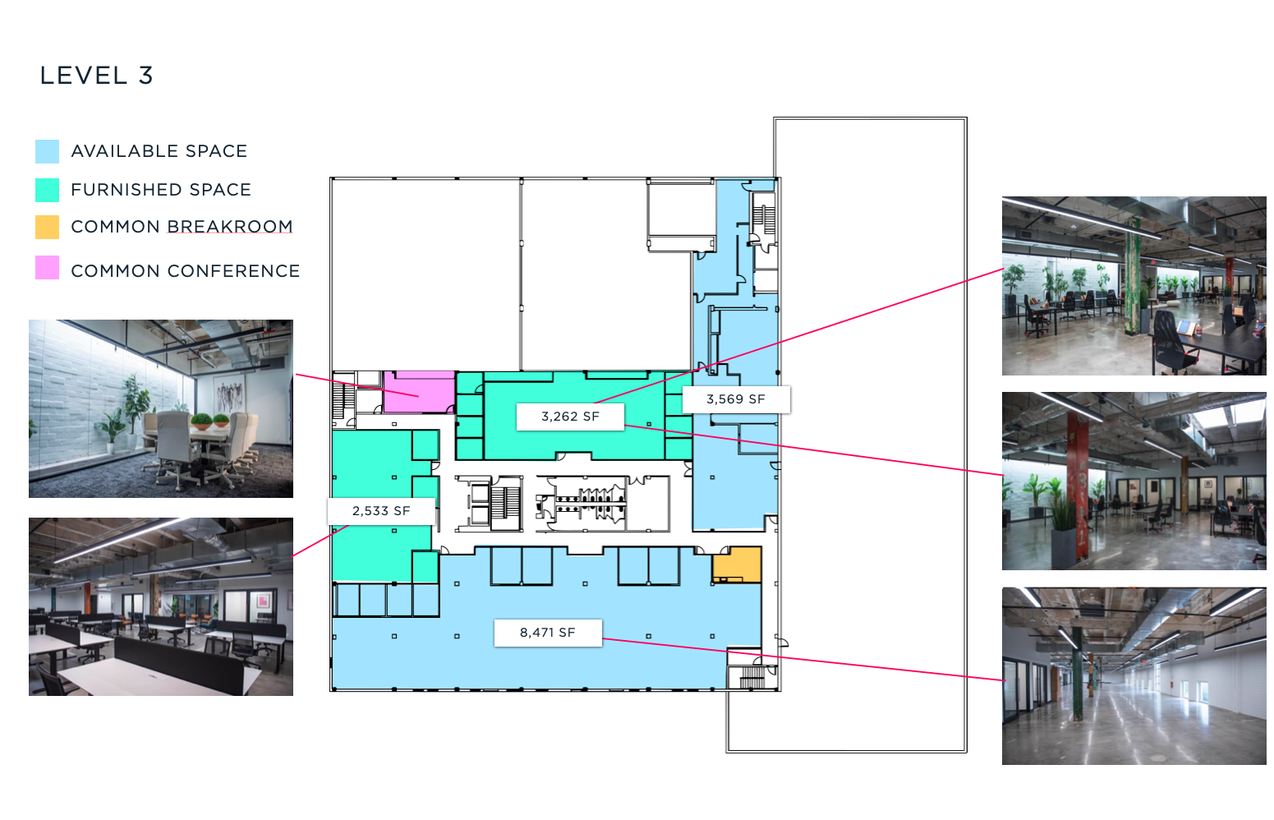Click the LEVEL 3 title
pos(96,76)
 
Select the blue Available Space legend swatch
pos(47,151)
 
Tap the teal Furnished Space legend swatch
pos(47,190)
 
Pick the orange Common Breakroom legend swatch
pos(47,227)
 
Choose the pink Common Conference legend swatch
pos(47,268)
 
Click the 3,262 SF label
pos(570,417)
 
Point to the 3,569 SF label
pos(735,399)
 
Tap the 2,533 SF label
pos(381,511)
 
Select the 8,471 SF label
pos(548,633)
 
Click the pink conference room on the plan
pos(419,392)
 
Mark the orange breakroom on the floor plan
pos(737,564)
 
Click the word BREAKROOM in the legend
pos(230,227)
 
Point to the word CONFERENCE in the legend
pos(233,271)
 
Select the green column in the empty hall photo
pos(1077,671)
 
